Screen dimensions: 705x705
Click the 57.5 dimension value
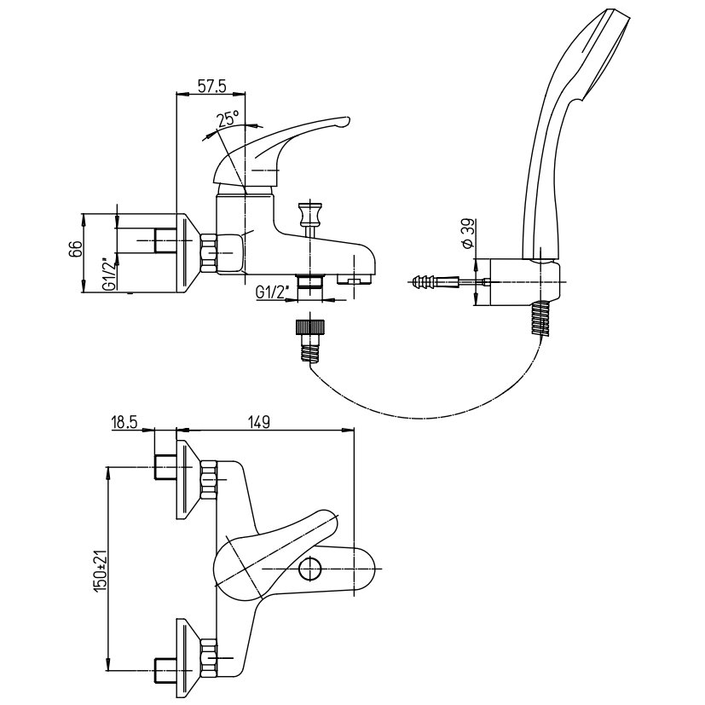pyautogui.click(x=211, y=86)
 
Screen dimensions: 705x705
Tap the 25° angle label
pyautogui.click(x=228, y=118)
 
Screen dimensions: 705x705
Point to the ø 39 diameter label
pyautogui.click(x=468, y=233)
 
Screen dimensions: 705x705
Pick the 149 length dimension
pyautogui.click(x=258, y=423)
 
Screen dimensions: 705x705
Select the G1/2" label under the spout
pyautogui.click(x=272, y=292)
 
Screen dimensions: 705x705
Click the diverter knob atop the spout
pyautogui.click(x=310, y=214)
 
